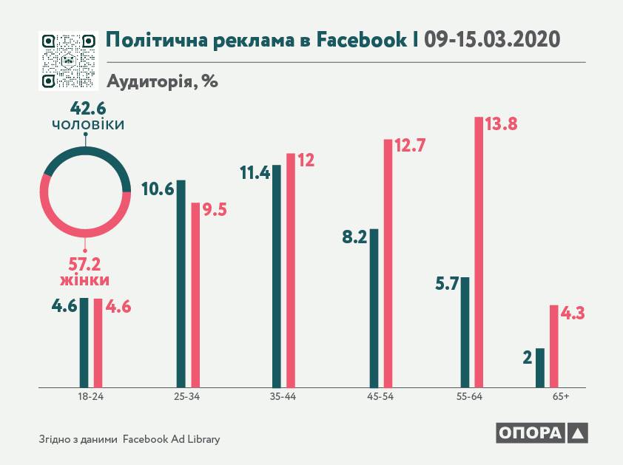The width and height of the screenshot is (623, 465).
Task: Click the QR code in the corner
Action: coord(68,60)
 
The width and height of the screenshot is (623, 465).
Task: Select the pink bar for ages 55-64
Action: coord(477,251)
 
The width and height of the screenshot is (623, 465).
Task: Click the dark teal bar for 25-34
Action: coord(181,283)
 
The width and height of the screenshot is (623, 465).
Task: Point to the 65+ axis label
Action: coord(560,398)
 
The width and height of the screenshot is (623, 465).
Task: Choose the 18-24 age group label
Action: coord(90,398)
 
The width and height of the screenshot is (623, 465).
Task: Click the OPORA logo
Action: coord(542,432)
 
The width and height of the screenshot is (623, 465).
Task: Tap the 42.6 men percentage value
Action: coord(87,109)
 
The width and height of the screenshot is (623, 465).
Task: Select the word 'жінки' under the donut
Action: coord(86,280)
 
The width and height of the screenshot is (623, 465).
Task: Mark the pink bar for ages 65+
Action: coord(553,345)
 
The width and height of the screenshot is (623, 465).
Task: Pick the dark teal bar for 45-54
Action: coord(374,308)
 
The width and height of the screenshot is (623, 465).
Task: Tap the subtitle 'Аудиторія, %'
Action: coord(163,80)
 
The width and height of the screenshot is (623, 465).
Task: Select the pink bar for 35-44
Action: coord(290,270)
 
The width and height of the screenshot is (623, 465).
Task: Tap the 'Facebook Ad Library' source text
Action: coord(172,439)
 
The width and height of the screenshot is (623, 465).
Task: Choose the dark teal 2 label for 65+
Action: coord(528,358)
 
